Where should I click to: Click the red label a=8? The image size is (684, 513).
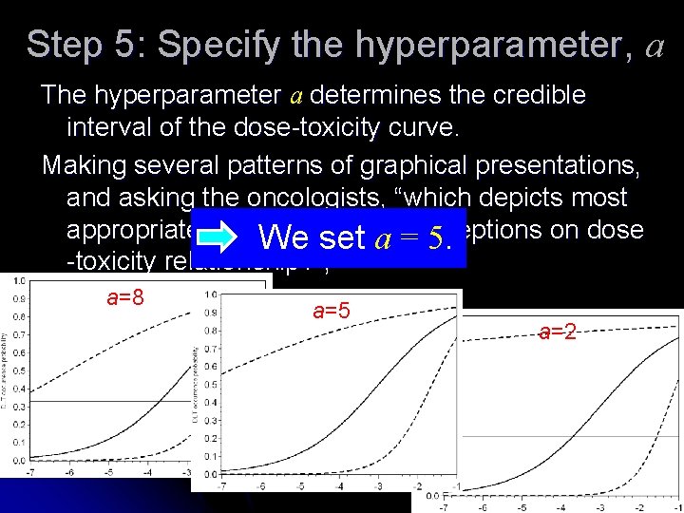click(125, 296)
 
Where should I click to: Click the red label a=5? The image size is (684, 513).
click(332, 309)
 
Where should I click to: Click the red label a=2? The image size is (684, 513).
click(558, 332)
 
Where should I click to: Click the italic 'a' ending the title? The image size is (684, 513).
click(655, 45)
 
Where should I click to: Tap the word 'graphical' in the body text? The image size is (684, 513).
click(422, 165)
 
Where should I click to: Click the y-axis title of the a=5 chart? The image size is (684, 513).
click(195, 380)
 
